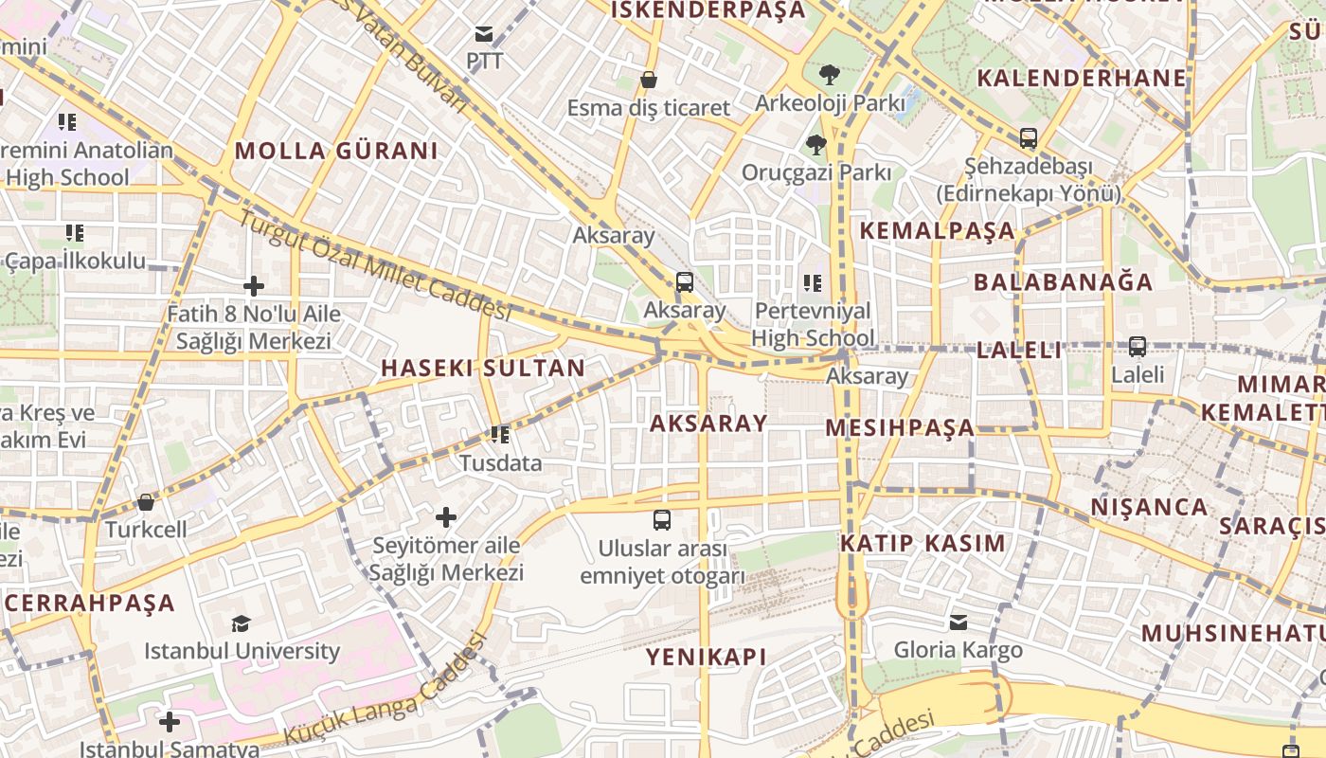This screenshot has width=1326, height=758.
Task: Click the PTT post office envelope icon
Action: coord(484,35)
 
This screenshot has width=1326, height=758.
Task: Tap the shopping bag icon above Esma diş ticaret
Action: coord(649,80)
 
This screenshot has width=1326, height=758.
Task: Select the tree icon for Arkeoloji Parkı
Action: coord(830,74)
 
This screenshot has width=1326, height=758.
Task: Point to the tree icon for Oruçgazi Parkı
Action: coord(815,145)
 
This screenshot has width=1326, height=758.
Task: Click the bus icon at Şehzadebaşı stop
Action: coord(1029,138)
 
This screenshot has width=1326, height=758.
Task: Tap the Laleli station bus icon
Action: coord(1138,347)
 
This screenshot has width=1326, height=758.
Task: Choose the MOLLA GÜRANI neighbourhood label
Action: coord(336,151)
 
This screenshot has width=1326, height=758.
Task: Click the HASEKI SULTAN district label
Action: coord(482,369)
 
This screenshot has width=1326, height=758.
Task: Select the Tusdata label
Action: coord(500,463)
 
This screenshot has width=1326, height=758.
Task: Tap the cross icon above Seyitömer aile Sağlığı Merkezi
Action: coord(446,517)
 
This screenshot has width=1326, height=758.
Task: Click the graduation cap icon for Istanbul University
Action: coord(242,623)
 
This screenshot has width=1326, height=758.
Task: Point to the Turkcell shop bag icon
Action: coord(146,502)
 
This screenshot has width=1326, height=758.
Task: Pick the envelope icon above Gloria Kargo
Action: coord(959,623)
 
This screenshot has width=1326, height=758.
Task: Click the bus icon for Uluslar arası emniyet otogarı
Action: coord(662,520)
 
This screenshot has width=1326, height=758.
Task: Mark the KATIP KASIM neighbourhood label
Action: coord(923,543)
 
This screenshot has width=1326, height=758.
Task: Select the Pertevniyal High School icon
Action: coord(813,282)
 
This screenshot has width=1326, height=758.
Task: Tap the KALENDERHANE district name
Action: coord(1081,78)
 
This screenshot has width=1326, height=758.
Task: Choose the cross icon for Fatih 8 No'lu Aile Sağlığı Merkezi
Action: coord(254,286)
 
